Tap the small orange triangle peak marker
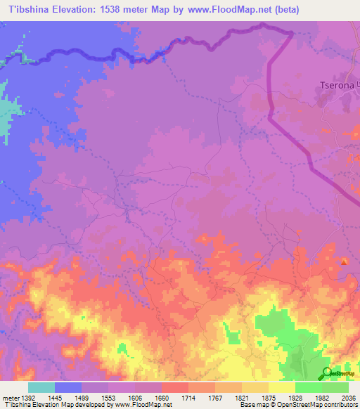(344, 262)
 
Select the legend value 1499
(96, 397)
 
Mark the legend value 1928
(295, 397)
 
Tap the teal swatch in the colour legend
(41, 387)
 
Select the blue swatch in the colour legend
(68, 387)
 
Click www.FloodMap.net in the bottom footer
(141, 405)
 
